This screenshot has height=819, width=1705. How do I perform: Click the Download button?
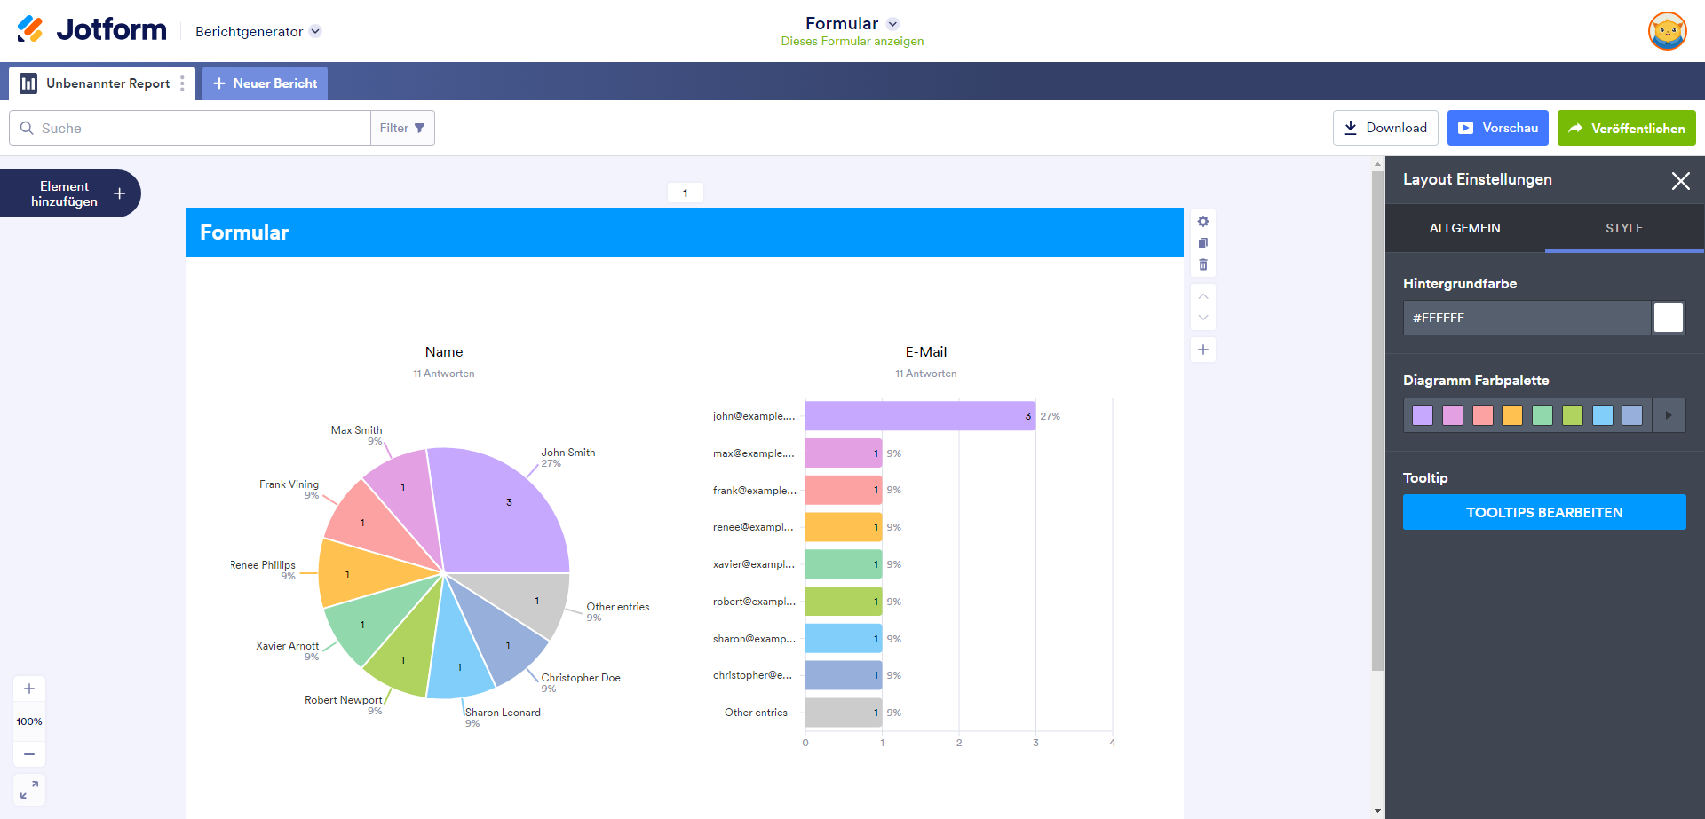1384,128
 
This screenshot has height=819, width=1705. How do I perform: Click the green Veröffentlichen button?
1626,128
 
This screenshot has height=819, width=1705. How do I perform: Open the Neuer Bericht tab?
265,83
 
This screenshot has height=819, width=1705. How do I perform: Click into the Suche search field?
195,128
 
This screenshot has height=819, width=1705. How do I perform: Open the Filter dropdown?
402,128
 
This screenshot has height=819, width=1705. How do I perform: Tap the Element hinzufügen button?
70,193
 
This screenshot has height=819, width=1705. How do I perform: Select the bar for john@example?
919,416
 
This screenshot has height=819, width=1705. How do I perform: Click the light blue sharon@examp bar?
843,639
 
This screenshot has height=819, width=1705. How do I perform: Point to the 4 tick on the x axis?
1112,743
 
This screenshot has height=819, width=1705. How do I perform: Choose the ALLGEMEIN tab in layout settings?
1464,228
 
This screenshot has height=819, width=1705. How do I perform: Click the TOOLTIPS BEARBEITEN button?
1543,512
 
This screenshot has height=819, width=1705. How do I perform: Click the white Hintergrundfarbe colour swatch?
1668,318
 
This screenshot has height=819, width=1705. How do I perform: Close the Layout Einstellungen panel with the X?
1680,181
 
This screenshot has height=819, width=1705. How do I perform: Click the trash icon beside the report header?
1203,264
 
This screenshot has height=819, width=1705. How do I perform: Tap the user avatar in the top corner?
1667,31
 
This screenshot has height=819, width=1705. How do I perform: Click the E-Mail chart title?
925,352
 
